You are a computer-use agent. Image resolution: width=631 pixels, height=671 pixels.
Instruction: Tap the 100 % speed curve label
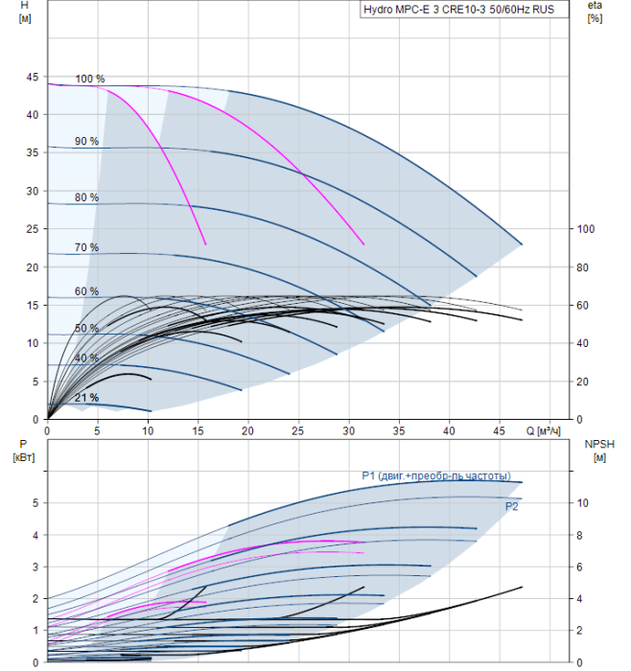click(x=90, y=79)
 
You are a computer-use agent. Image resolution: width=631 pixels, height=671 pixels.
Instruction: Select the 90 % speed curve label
click(x=87, y=141)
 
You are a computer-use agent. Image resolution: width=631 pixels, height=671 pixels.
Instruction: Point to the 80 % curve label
click(x=87, y=197)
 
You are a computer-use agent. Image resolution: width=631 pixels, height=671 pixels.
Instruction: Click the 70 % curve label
click(x=87, y=247)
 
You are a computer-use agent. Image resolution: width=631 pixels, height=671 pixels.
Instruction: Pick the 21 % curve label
click(x=87, y=397)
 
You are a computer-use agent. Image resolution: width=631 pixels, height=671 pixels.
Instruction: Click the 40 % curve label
click(x=87, y=358)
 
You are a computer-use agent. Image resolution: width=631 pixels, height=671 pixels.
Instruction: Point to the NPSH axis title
click(x=596, y=450)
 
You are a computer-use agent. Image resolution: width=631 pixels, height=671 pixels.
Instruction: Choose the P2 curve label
click(x=511, y=506)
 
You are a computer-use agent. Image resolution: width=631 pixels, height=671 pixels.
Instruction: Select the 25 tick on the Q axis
click(x=299, y=431)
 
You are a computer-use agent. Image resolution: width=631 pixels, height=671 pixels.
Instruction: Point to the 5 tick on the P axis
click(x=35, y=503)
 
